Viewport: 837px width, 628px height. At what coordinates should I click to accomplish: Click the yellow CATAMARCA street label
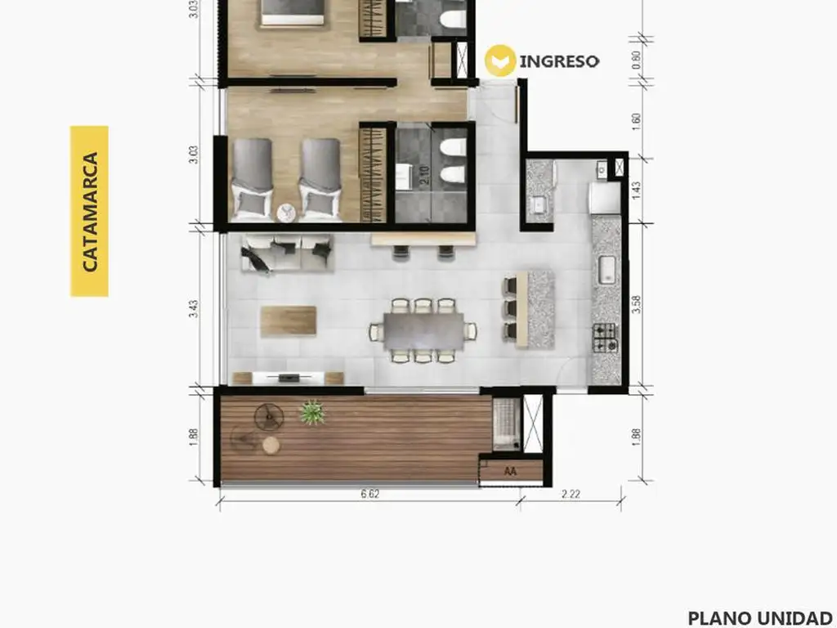pos(89,212)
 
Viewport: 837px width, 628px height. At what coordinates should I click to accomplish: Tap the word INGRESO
pos(559,61)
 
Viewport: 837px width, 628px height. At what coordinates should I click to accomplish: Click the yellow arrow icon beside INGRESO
pos(500,61)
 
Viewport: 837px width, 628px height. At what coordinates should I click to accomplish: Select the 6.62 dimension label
pos(370,494)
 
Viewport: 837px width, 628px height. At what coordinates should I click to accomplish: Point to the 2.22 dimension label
pos(571,494)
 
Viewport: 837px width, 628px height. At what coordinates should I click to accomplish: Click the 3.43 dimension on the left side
pos(194,308)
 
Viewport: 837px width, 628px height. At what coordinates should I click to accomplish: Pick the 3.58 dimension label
pos(636,304)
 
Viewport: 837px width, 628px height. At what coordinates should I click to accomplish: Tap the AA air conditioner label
pos(510,472)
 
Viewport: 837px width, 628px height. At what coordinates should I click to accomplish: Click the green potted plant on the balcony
pos(311,413)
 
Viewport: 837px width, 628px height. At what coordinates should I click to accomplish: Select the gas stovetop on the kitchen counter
pos(605,338)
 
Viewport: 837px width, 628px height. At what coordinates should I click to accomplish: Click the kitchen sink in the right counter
pos(606,270)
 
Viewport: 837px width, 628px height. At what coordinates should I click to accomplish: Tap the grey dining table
pos(423,330)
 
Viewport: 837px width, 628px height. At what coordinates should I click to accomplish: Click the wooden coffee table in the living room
pos(289,321)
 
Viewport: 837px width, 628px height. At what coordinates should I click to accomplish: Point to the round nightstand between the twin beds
pos(287,213)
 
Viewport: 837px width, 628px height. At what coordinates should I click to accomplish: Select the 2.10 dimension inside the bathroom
pos(424,176)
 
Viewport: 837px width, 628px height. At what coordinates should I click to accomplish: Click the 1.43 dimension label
pos(636,191)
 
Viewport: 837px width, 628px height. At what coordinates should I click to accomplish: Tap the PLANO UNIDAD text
pos(760,618)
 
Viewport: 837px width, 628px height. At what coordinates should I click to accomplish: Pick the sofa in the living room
pos(287,253)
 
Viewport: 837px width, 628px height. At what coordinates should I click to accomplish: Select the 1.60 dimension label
pos(636,121)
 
